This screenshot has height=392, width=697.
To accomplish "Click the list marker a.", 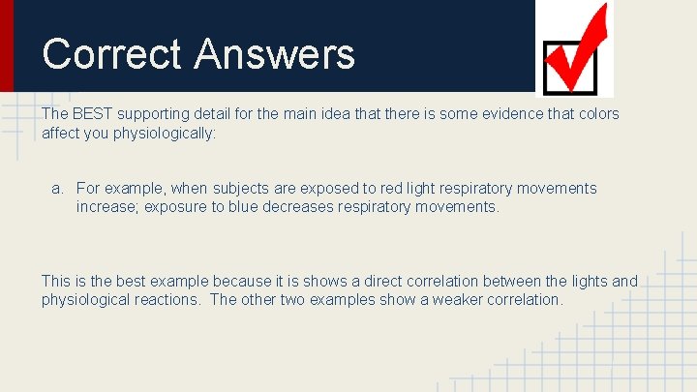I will coord(58,189).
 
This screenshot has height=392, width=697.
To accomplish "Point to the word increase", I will coord(107,207).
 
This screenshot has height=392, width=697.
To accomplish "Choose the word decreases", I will coord(305,207).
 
